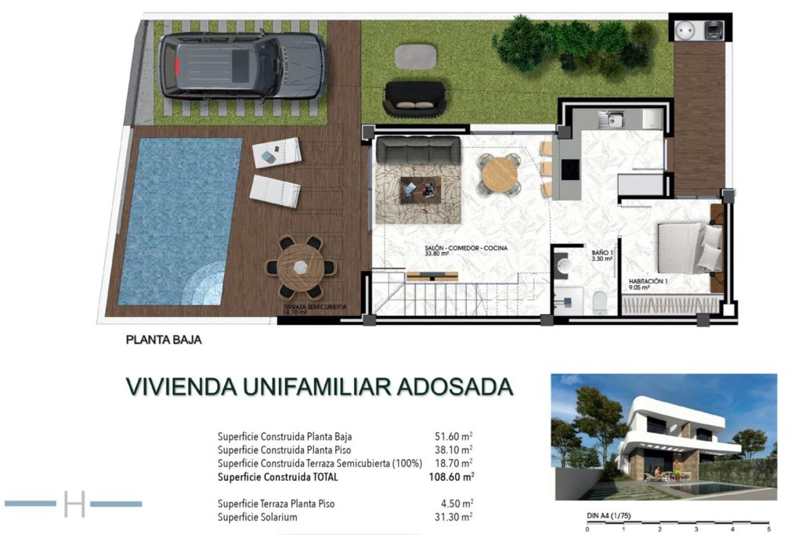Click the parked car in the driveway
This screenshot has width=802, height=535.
tap(243, 66)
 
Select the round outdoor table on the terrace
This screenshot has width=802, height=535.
tap(301, 267)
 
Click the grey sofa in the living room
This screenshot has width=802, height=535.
tap(418, 150)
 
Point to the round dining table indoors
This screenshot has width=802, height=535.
tap(499, 174)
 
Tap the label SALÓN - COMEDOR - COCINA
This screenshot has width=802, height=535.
tap(466, 248)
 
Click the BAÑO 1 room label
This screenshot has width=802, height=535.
tap(602, 253)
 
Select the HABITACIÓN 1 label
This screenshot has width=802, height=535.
tap(648, 281)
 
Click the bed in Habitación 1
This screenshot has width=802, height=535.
tap(690, 247)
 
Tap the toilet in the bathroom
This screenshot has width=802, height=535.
tap(599, 302)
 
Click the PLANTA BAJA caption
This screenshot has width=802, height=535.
tap(164, 340)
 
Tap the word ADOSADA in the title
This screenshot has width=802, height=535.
tap(455, 387)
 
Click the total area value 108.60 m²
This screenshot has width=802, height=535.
tap(452, 477)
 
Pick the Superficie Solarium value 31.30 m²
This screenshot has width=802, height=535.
tap(453, 517)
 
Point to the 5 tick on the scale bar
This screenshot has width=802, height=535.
tap(768, 529)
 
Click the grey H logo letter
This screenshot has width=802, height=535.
tap(74, 504)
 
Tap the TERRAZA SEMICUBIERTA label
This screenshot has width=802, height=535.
tap(315, 307)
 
